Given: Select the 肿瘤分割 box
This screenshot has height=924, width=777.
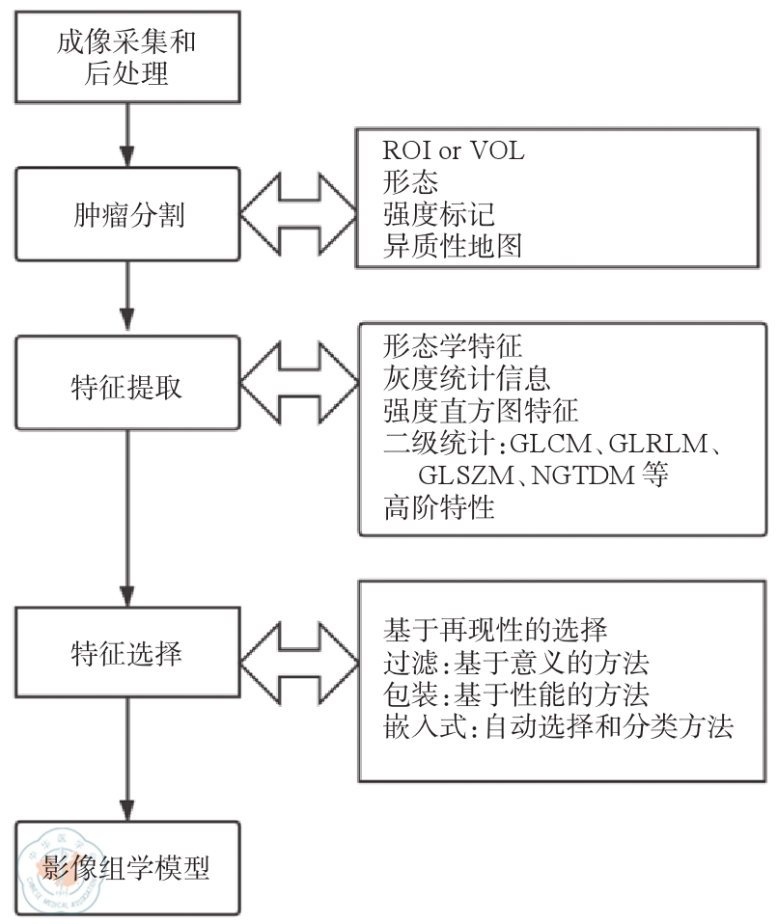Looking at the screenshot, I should point(127,213).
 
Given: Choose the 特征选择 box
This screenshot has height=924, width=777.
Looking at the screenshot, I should point(127,652).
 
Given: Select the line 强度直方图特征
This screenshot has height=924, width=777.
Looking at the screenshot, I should point(481,412).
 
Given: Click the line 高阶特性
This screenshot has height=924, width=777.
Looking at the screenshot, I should point(439,508).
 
